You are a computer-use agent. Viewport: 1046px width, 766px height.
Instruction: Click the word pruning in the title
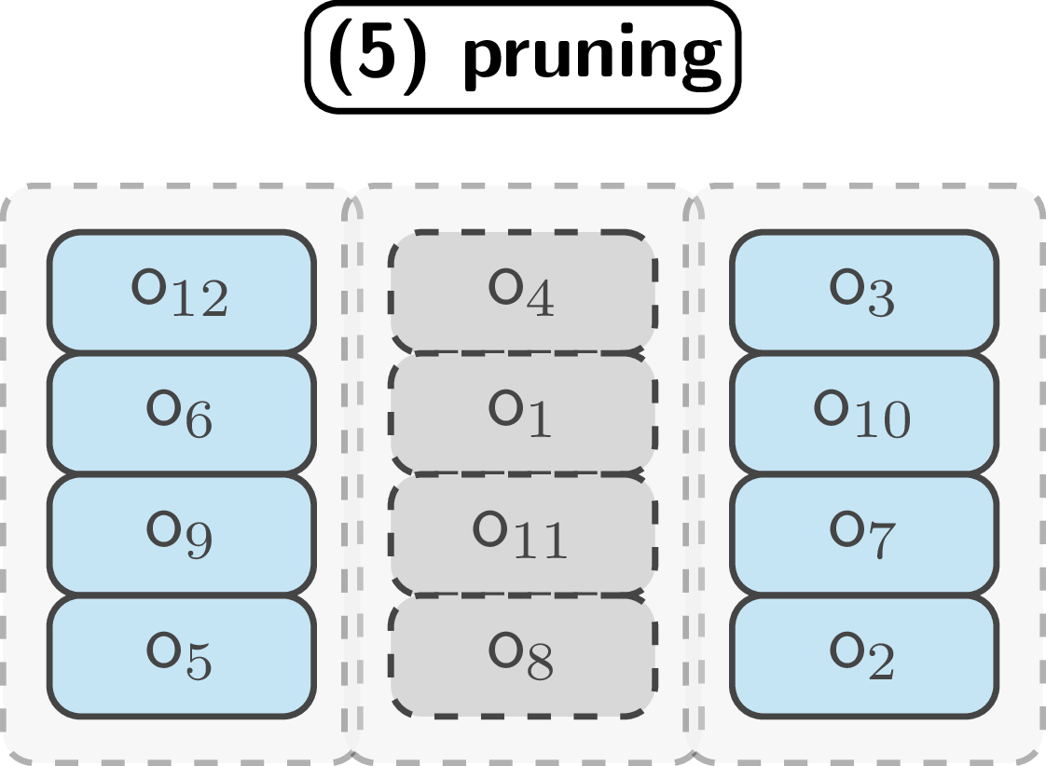click(x=592, y=58)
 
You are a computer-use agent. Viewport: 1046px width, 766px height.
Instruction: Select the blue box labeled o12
click(x=181, y=292)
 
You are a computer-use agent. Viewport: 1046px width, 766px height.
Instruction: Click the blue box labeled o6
click(x=181, y=413)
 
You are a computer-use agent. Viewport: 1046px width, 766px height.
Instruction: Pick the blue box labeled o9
click(x=181, y=535)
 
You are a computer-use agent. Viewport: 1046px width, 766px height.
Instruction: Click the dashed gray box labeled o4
click(x=522, y=292)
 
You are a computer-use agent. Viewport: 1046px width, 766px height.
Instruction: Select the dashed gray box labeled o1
click(x=522, y=413)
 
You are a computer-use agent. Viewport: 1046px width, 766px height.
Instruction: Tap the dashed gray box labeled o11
click(x=522, y=535)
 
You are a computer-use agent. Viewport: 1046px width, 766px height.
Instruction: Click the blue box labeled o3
click(x=863, y=292)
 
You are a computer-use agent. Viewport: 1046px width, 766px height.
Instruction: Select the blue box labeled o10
click(x=863, y=413)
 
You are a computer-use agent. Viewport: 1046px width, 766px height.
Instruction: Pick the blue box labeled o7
click(x=863, y=535)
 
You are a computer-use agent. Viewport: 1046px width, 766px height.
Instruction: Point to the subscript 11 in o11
click(x=541, y=541)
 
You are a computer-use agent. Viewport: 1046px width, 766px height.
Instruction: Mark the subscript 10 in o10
click(x=882, y=421)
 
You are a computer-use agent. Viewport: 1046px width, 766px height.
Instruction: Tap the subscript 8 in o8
click(x=540, y=663)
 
